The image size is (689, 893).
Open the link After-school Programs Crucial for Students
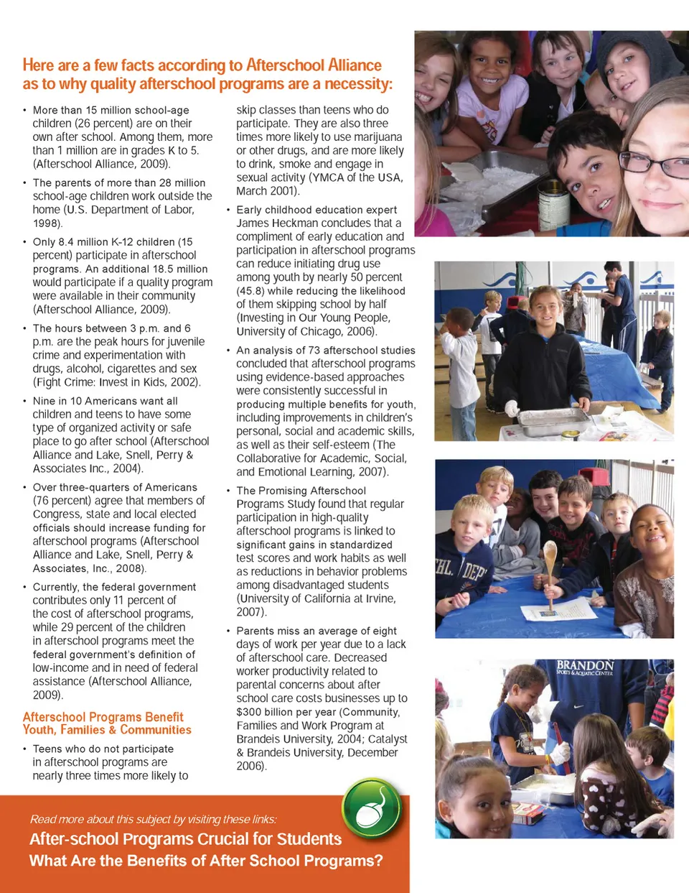click(x=185, y=839)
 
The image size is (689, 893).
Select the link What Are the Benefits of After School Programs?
click(x=206, y=861)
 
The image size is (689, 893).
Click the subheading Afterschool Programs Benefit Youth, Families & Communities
click(x=107, y=723)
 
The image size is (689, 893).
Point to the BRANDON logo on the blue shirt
click(x=585, y=667)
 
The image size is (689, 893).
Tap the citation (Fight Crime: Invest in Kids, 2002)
click(x=117, y=382)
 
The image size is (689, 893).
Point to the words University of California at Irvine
click(x=317, y=598)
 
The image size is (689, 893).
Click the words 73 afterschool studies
click(x=362, y=350)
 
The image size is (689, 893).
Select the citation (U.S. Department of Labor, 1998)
click(x=113, y=216)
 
